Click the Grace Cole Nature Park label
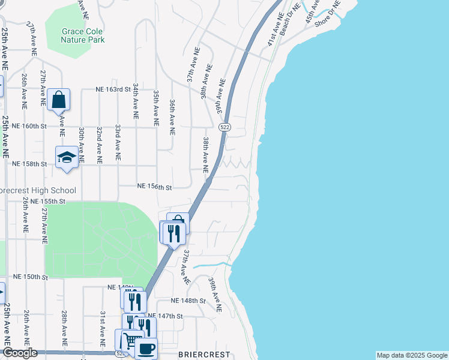[x=83, y=35]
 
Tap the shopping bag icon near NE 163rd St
[x=59, y=100]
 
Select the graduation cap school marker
[x=67, y=157]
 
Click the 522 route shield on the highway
[x=224, y=127]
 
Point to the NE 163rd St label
[x=113, y=89]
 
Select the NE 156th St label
[x=154, y=187]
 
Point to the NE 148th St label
[x=188, y=301]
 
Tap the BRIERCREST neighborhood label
[x=204, y=355]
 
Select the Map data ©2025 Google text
[x=411, y=355]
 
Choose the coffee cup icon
[x=147, y=348]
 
